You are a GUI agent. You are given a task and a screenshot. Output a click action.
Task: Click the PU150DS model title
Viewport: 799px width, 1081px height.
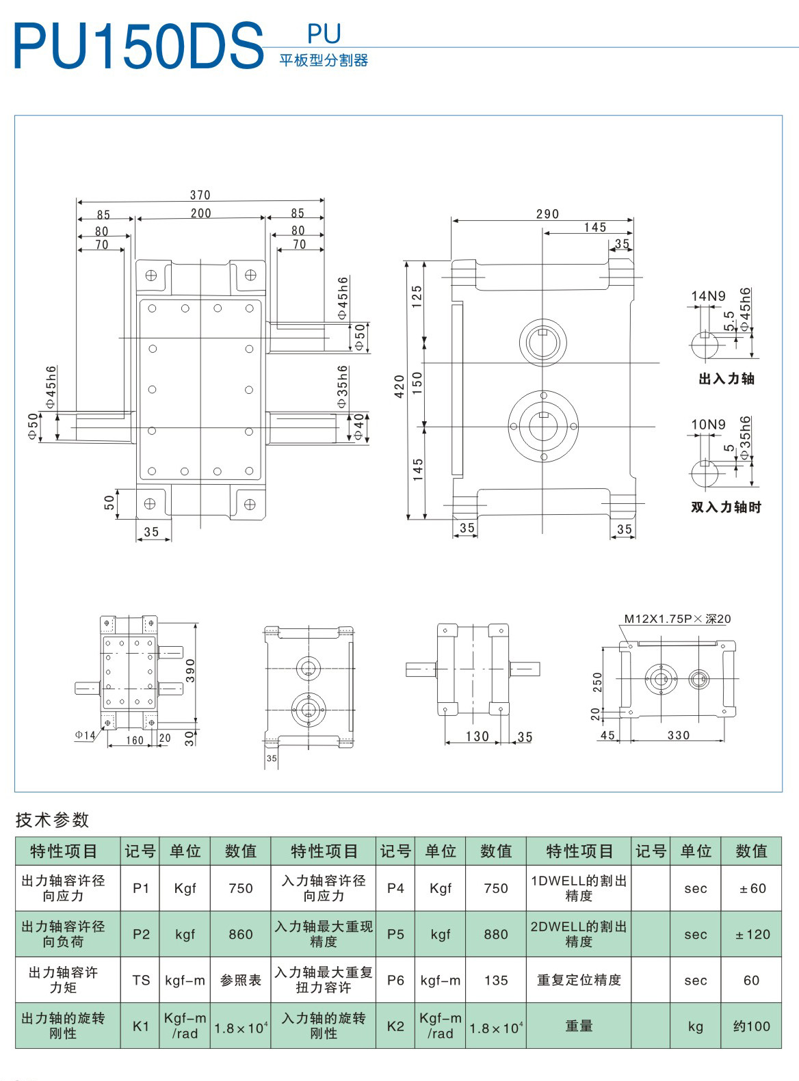click(x=139, y=46)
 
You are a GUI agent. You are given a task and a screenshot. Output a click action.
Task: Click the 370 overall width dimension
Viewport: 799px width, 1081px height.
click(x=200, y=195)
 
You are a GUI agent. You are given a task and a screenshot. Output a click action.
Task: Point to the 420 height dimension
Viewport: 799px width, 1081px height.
click(x=399, y=386)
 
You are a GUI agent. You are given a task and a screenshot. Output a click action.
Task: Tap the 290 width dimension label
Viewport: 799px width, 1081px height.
click(x=547, y=214)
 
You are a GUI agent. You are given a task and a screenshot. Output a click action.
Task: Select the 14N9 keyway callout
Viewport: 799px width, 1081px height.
click(x=708, y=296)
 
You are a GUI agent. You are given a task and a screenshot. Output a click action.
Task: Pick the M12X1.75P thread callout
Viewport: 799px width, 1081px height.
click(x=677, y=619)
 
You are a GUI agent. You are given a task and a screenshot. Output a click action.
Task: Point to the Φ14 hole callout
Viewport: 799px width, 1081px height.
click(x=85, y=735)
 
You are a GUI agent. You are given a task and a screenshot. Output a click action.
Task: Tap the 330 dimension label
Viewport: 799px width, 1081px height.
click(x=679, y=735)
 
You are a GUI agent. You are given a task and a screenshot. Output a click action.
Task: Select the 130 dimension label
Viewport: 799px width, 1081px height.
click(x=477, y=736)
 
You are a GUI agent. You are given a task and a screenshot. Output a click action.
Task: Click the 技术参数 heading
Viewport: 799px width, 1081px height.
click(x=52, y=820)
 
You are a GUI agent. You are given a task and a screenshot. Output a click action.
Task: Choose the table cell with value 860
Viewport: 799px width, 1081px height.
click(x=241, y=934)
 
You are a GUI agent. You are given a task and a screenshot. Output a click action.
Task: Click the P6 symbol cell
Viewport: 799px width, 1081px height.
click(x=395, y=980)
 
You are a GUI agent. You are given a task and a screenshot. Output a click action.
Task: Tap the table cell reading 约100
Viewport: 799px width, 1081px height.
click(x=751, y=1026)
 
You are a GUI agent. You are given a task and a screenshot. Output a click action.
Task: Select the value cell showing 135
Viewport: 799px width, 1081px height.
click(x=495, y=980)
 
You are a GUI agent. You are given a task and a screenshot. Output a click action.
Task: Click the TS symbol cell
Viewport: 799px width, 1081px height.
click(x=140, y=980)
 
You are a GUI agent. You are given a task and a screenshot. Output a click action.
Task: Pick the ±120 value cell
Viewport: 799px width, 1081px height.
click(x=751, y=934)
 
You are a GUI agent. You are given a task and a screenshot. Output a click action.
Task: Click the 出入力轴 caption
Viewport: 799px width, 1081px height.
click(x=726, y=379)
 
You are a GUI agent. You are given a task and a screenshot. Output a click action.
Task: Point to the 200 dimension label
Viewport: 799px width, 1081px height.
click(x=200, y=213)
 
